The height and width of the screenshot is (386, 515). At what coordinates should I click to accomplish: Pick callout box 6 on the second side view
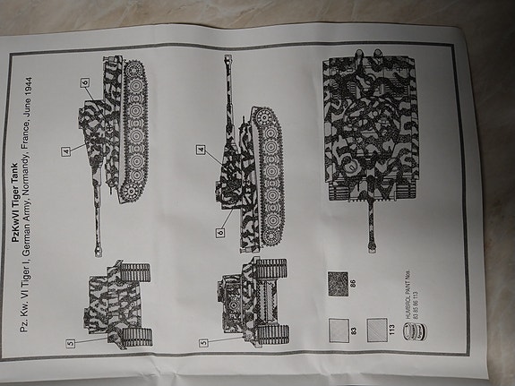pos(219,233)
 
